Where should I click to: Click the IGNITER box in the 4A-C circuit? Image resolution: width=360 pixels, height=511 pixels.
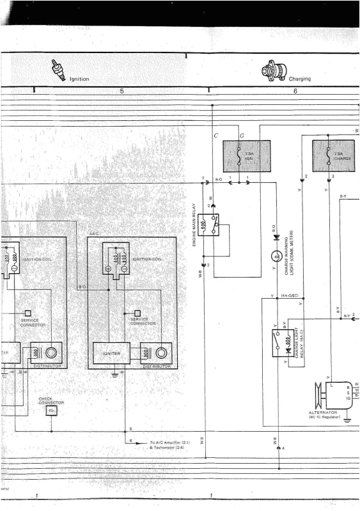point(110,352)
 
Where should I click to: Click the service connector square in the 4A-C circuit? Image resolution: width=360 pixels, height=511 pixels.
point(136,313)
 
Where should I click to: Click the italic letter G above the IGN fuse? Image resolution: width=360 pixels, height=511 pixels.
point(242,136)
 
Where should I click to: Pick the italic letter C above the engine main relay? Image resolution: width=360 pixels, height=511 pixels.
point(216,136)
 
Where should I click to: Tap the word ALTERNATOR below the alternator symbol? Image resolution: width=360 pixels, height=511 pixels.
point(322,413)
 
